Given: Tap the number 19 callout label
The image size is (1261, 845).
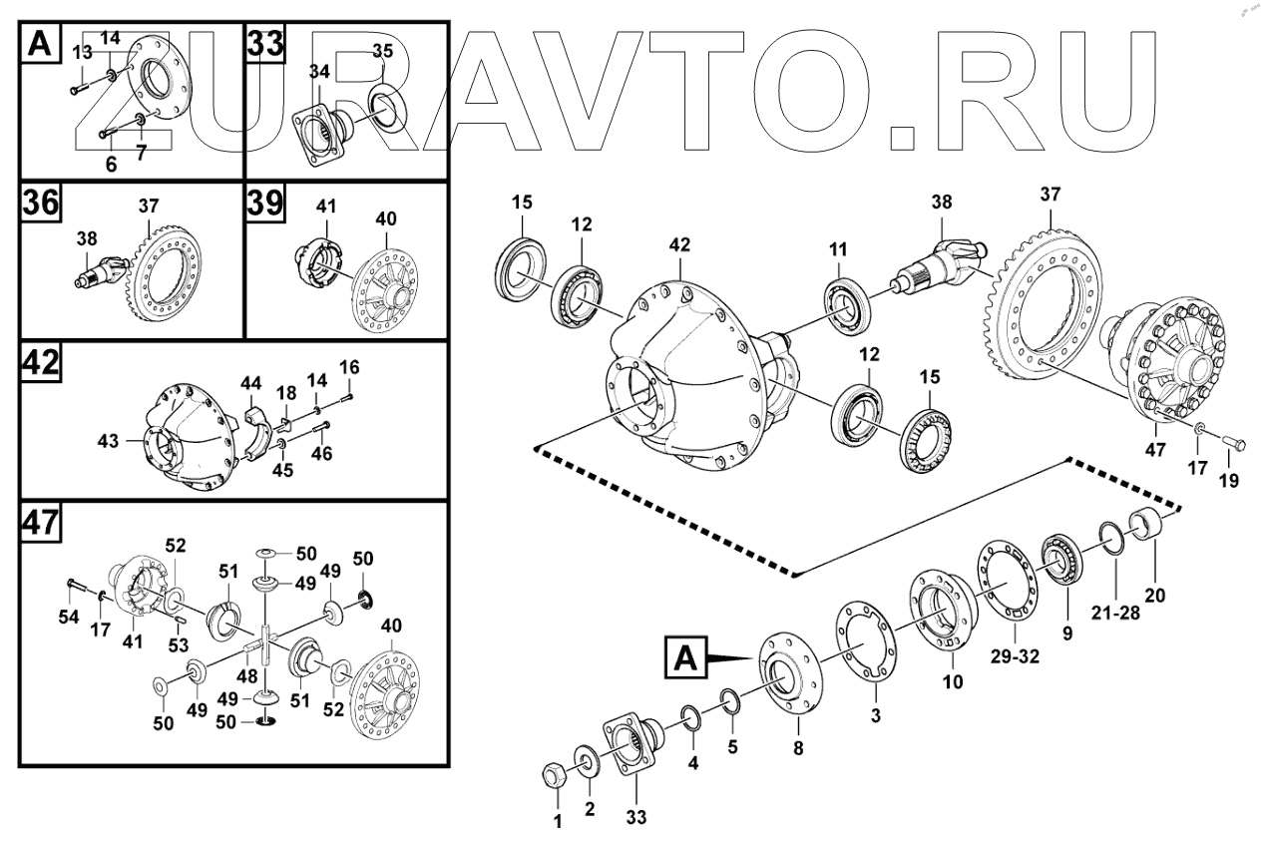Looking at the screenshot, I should (1228, 480).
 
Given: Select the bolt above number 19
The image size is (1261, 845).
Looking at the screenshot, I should (1223, 440).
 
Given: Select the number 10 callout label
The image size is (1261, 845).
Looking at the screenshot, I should (953, 682).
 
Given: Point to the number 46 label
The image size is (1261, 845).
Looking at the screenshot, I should (323, 453).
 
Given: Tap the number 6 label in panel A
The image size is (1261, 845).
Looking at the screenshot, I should (111, 165).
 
